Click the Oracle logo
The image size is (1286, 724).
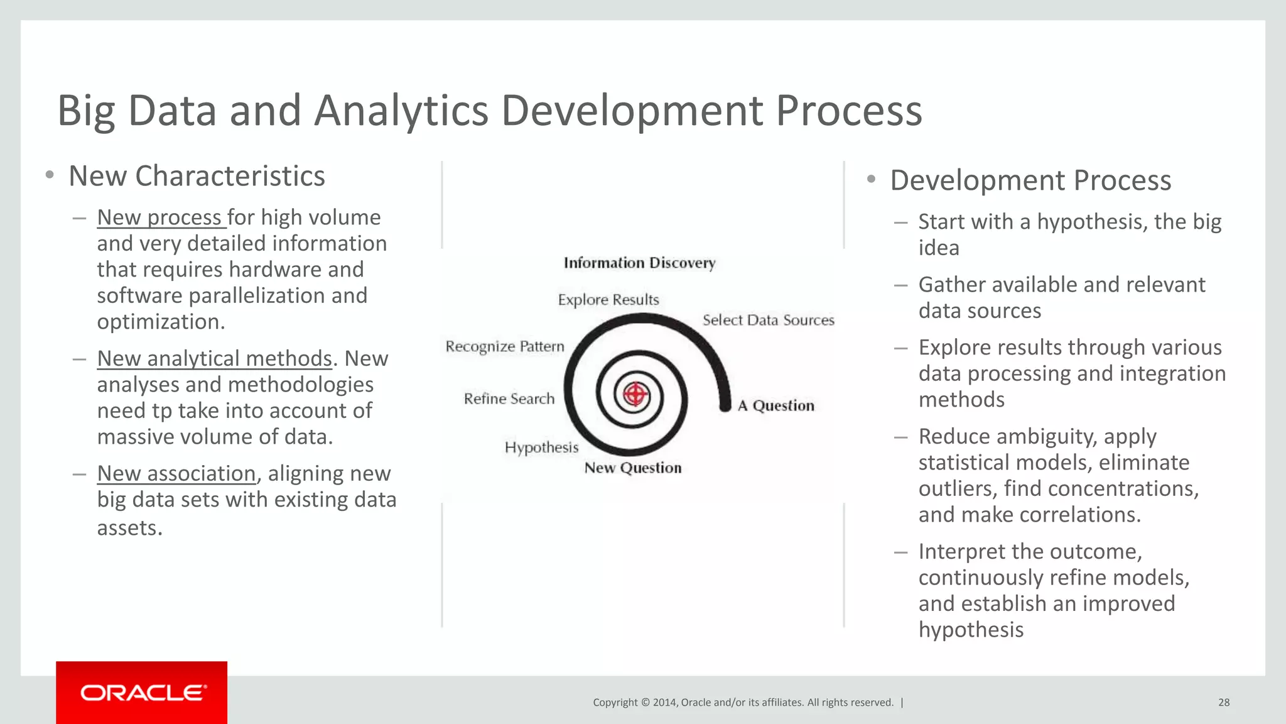142,693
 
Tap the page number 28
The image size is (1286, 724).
1223,702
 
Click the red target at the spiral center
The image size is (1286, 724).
635,395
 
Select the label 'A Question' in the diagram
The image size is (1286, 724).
775,405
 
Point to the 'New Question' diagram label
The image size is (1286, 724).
632,468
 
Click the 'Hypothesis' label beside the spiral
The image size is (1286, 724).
541,447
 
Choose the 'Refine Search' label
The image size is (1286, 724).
509,398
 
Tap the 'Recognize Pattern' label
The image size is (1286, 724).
505,346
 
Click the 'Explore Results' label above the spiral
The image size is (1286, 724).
608,300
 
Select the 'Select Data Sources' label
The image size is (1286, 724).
768,320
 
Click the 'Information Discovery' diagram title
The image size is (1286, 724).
639,263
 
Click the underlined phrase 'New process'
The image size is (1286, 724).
161,217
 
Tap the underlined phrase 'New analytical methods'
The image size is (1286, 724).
214,358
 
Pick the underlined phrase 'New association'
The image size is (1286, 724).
176,473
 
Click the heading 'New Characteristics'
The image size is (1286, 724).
197,176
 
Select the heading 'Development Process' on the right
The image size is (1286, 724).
1030,180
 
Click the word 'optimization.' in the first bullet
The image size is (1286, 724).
161,322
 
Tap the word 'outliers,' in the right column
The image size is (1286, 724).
957,488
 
